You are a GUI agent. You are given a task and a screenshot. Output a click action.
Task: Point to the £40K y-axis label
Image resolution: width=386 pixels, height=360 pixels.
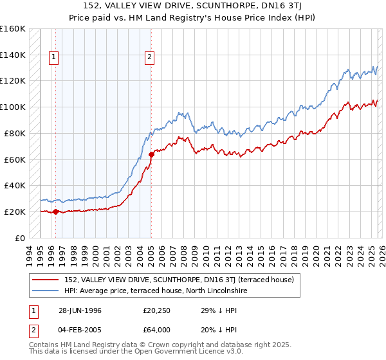14,185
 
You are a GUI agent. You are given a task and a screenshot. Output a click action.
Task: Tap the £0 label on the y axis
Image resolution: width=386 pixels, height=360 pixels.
20,238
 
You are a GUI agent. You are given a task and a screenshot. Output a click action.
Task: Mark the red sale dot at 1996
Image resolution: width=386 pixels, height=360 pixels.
55,212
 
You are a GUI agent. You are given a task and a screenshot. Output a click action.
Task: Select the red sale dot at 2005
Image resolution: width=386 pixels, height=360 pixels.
151,154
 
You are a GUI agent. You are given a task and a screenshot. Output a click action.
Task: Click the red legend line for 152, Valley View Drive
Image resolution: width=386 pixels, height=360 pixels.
46,280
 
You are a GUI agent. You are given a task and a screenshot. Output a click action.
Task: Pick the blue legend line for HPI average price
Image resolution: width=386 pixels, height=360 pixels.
46,291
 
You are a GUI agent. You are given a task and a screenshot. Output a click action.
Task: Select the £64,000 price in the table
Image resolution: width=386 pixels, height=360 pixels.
157,330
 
